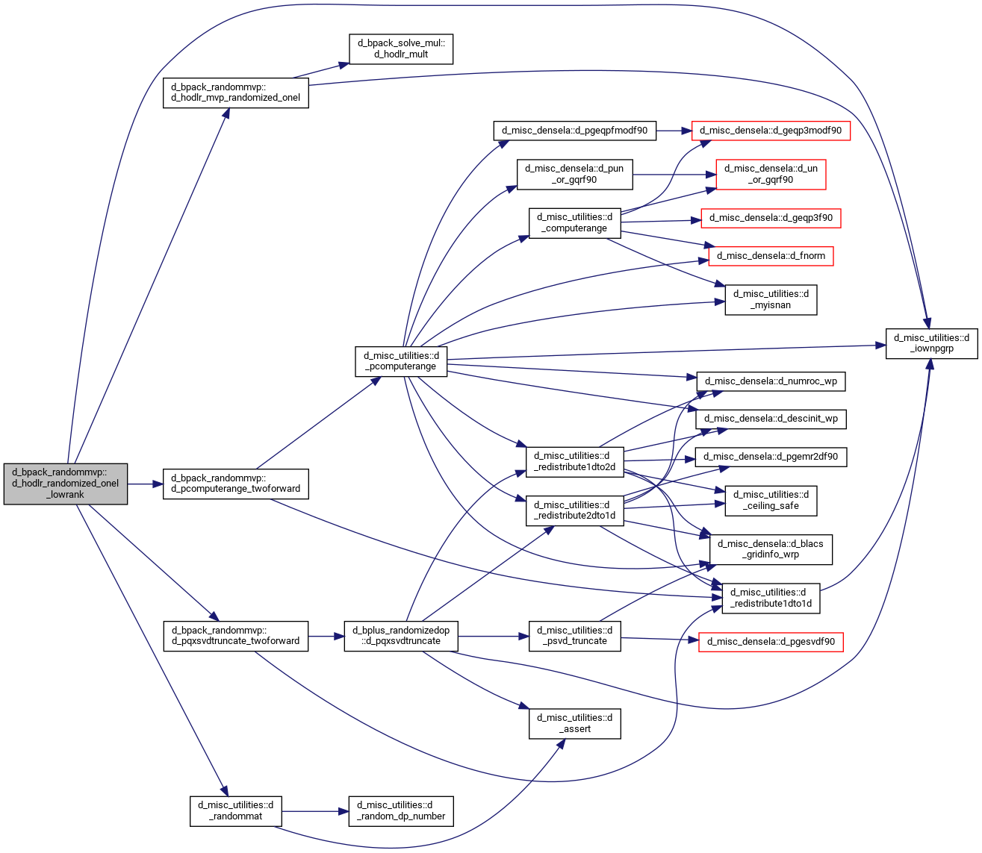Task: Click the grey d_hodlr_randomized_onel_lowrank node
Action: point(66,484)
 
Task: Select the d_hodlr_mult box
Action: point(401,49)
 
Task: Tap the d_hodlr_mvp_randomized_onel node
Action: point(236,93)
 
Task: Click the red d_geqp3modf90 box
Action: point(771,131)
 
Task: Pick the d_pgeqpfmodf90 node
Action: point(574,131)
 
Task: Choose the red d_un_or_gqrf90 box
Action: point(771,175)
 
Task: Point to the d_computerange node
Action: point(574,223)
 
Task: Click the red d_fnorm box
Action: point(771,256)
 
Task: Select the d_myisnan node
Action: point(771,300)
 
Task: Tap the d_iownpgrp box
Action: point(932,343)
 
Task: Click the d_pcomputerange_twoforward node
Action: point(236,484)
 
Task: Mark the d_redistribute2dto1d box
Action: point(574,510)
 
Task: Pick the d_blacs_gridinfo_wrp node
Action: point(771,549)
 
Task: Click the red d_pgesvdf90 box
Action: point(771,642)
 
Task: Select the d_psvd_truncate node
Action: point(574,637)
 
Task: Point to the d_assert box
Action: point(574,724)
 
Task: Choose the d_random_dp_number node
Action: point(401,811)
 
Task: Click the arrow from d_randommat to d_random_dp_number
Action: point(315,811)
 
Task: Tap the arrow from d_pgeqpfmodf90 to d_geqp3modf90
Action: point(674,131)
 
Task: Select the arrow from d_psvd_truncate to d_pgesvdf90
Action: point(659,639)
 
